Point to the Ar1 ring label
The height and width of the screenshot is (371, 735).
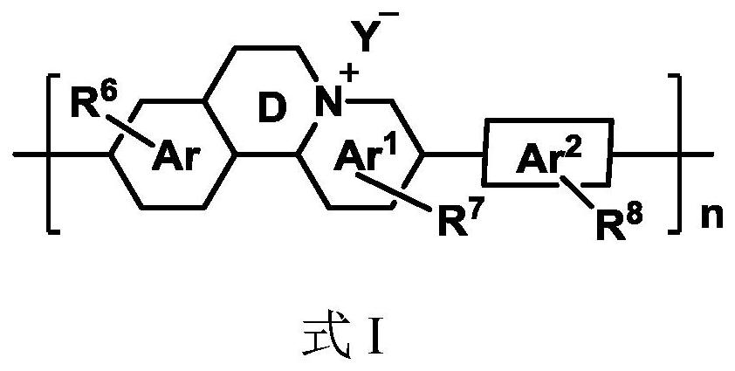click(367, 155)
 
